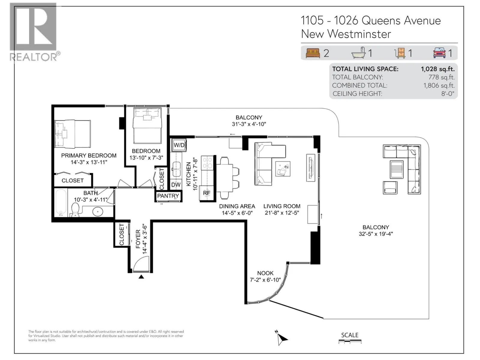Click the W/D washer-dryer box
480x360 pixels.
179,145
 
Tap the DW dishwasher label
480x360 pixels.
176,185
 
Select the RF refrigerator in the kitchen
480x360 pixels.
206,193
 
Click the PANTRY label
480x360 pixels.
168,196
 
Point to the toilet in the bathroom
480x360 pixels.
75,210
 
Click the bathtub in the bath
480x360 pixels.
61,202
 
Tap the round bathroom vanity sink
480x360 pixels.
98,211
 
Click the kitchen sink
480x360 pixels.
176,169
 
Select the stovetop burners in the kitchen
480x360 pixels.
207,163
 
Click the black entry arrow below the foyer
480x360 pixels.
141,277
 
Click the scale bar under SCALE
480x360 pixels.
350,341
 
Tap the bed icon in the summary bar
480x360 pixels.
313,53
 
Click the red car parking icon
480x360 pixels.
439,53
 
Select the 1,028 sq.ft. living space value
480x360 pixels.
438,69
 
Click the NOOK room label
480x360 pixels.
265,273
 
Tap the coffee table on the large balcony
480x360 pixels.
397,169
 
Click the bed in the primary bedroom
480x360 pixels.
73,134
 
